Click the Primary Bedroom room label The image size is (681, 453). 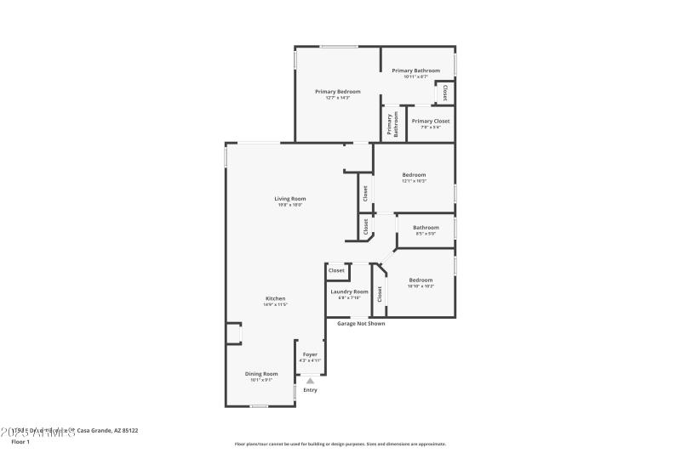coord(338,92)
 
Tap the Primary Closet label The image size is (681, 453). coord(431,121)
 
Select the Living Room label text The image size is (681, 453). coord(289,199)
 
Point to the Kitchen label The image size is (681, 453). coord(276,298)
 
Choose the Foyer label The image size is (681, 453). coord(310,354)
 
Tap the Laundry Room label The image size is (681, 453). coord(349,292)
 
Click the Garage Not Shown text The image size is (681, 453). coord(361,324)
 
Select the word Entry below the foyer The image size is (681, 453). coord(310,390)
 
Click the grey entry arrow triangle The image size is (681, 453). coord(310,381)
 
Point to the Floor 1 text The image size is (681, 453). coord(20,442)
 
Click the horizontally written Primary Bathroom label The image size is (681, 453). coord(415,71)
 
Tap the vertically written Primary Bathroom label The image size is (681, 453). coord(393,124)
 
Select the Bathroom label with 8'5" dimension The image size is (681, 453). coord(426,228)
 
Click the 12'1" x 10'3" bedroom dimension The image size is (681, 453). coord(414,181)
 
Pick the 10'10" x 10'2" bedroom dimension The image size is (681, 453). coord(421,286)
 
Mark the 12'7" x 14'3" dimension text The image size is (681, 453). coord(338,98)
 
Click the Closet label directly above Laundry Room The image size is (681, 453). coord(336,270)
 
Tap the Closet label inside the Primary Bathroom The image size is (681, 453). coord(444,92)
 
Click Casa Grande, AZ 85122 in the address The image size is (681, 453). coord(107,431)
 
